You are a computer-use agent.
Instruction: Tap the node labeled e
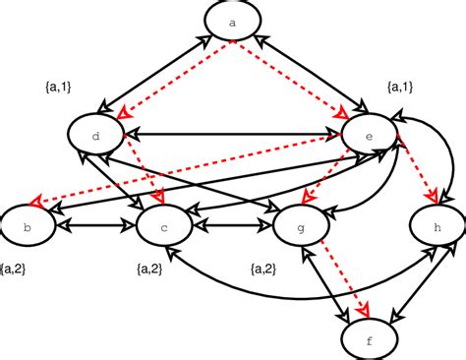click(369, 134)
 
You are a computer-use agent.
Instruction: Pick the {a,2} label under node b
click(19, 268)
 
